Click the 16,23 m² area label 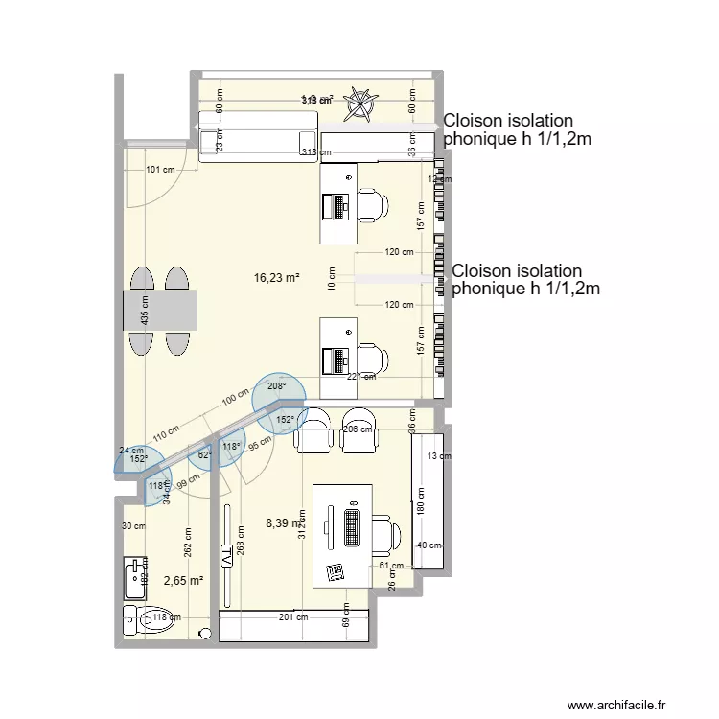tap(276, 278)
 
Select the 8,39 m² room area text tap(284, 523)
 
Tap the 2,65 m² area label tap(183, 581)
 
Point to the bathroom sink tap(133, 578)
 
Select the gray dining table tap(160, 312)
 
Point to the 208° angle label tap(277, 388)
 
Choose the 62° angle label tap(204, 455)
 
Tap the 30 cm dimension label tap(132, 526)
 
